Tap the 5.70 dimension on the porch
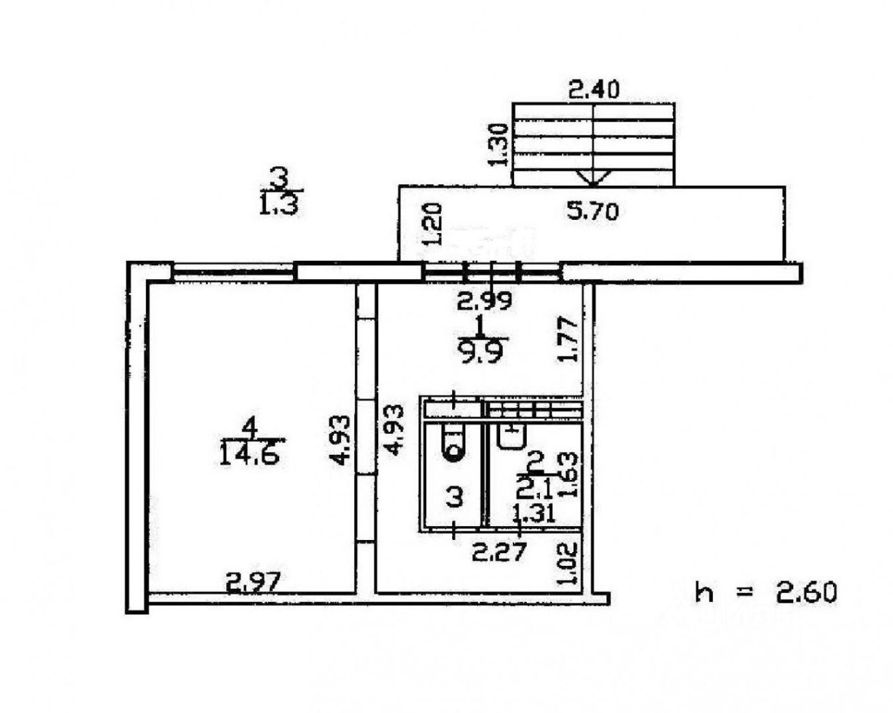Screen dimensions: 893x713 click(592, 211)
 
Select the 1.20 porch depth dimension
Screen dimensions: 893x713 click(432, 224)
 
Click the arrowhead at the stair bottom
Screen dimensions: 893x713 click(593, 179)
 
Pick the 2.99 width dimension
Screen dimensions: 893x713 click(484, 301)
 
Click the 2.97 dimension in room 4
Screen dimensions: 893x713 click(252, 581)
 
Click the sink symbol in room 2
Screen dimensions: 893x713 click(511, 436)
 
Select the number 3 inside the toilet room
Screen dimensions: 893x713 click(454, 497)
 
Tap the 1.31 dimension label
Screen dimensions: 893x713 click(534, 514)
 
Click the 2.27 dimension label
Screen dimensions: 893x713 click(498, 553)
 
